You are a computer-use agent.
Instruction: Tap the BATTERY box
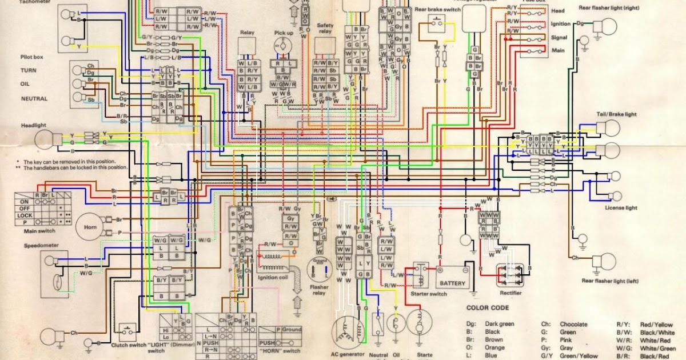point(452,283)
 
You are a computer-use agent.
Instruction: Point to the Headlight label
point(34,125)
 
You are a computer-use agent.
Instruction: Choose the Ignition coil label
point(276,277)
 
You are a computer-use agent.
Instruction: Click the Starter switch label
point(429,294)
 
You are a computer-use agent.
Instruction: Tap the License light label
point(621,208)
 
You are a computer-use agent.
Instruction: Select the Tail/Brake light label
point(615,114)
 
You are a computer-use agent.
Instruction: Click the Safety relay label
point(325,29)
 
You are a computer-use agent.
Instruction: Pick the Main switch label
point(33,230)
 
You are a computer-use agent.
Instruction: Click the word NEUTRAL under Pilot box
point(34,98)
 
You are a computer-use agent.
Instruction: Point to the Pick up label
point(284,34)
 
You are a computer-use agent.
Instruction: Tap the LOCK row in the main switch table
point(25,215)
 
